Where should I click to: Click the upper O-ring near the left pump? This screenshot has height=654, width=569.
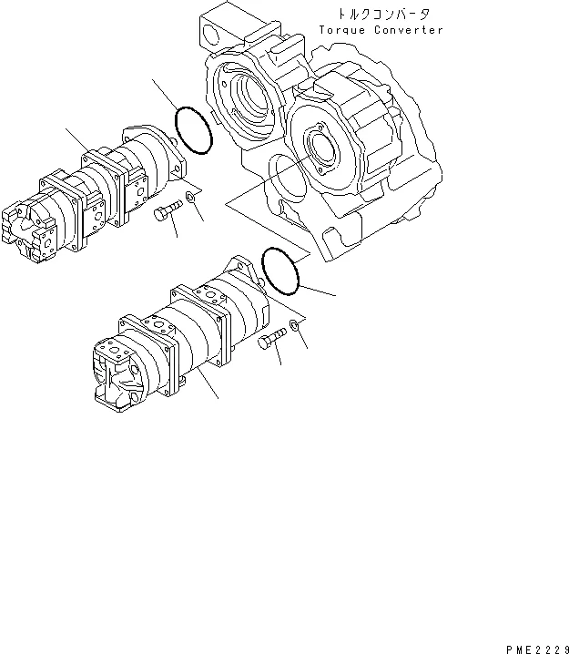pyautogui.click(x=193, y=128)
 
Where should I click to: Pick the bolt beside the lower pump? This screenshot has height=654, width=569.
pyautogui.click(x=272, y=342)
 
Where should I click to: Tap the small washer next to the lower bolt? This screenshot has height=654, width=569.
pyautogui.click(x=295, y=325)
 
